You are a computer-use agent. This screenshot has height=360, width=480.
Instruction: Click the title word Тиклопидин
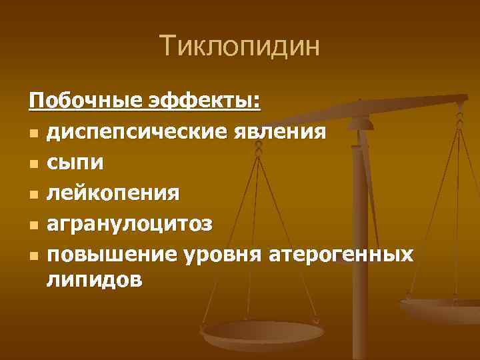coord(240,47)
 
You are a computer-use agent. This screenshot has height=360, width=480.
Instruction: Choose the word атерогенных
coord(342,255)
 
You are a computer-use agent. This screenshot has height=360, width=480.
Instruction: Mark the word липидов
coord(94,280)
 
